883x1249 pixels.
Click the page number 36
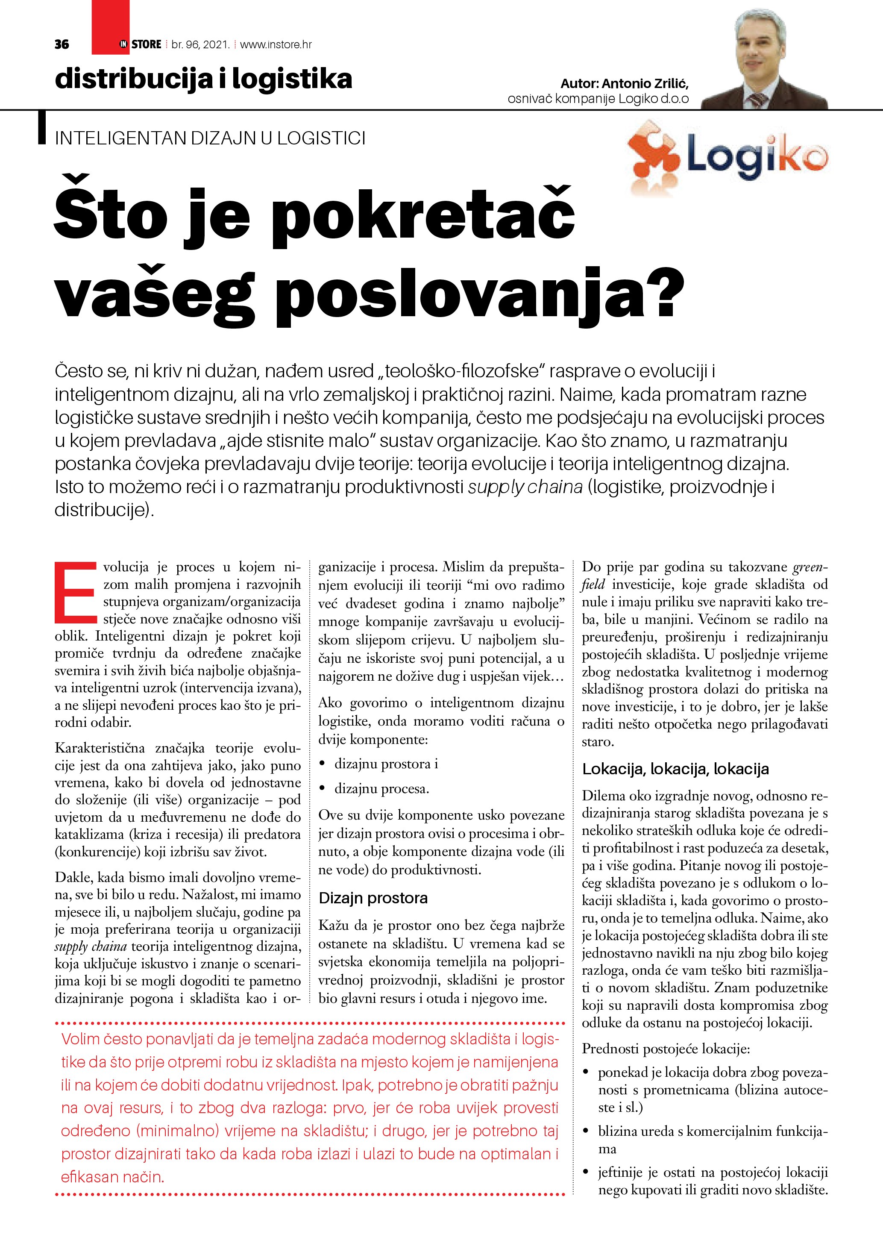62,44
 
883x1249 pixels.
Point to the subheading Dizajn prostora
373,898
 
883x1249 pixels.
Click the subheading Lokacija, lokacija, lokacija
675,769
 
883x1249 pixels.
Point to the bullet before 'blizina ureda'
586,1131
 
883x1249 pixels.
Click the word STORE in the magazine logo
146,44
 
